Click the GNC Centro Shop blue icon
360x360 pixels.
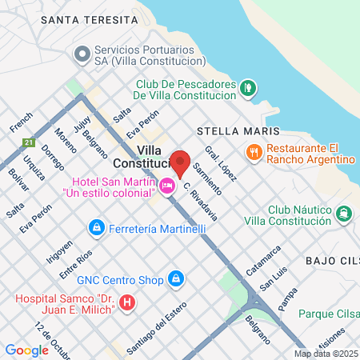point(177,280)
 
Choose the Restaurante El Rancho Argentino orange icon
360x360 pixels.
point(254,152)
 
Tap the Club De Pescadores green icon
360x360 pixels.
point(249,86)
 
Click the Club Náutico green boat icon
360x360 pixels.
point(344,213)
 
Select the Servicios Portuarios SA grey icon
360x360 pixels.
point(80,54)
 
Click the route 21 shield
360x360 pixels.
point(29,142)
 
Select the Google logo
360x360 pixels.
point(26,350)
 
